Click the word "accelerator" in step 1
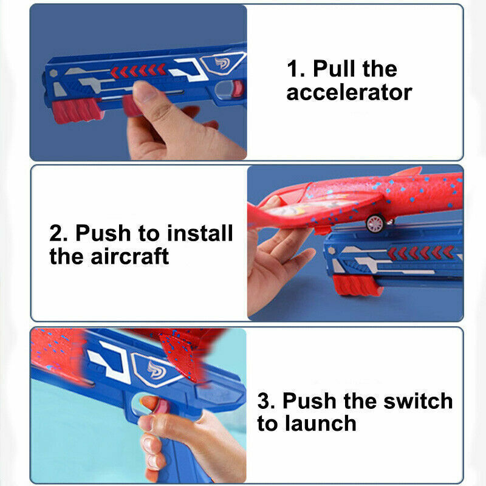coord(349,93)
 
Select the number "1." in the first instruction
coord(296,69)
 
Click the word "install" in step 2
coord(200,233)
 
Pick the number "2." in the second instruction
coord(60,233)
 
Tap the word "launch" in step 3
coord(318,423)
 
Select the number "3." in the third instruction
coord(267,401)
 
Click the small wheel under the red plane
coord(375,224)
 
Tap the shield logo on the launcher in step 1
coord(222,63)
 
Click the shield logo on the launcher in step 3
coord(149,368)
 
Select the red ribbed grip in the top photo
coord(77,110)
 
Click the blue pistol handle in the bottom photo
coord(164,456)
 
